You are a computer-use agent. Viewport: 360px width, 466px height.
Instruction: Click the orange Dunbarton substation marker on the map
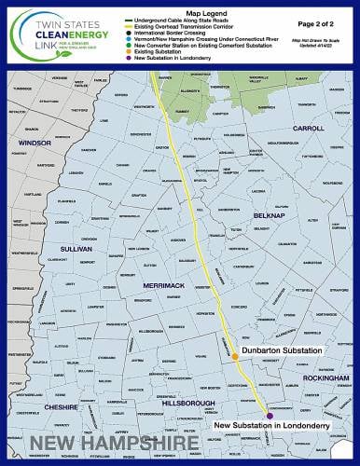tap(235, 356)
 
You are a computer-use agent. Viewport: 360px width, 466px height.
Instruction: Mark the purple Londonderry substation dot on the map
tap(269, 416)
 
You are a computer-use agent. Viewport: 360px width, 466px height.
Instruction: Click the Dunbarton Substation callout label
tap(281, 349)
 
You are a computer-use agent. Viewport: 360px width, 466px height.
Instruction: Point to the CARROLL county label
tap(309, 128)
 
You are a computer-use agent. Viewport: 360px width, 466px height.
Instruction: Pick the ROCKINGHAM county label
tap(325, 377)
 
